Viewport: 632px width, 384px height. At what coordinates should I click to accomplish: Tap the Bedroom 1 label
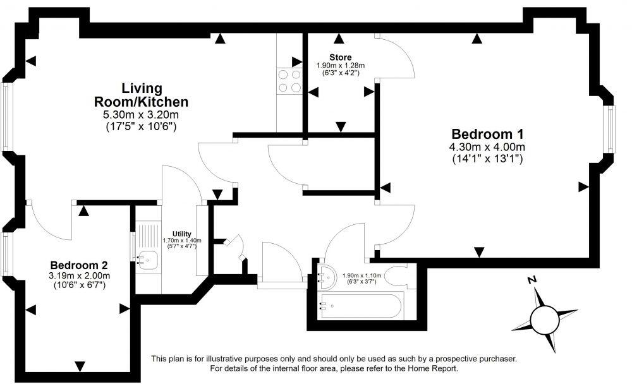487,134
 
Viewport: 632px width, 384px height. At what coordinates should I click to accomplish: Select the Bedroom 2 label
79,265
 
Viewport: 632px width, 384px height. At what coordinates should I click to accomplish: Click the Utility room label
181,234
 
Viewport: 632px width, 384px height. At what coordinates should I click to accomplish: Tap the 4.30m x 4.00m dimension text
487,147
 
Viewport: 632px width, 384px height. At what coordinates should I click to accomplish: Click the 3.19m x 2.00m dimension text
79,275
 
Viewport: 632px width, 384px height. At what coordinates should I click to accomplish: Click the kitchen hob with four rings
289,81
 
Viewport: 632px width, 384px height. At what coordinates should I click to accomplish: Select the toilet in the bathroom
399,277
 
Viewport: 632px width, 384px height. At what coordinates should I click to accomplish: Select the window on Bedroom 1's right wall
611,129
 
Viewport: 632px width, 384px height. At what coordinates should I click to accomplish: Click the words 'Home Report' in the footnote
430,368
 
